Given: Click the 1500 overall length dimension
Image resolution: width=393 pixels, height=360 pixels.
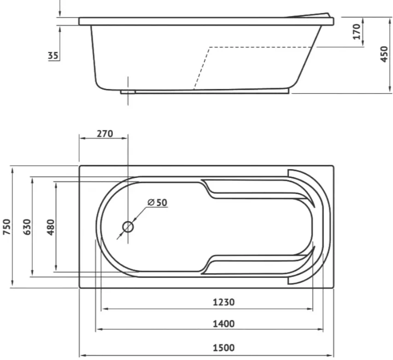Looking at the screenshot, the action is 223,348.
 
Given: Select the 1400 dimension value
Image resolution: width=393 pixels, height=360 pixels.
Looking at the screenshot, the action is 223,324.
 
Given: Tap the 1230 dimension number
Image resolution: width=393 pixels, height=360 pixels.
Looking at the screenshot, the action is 223,302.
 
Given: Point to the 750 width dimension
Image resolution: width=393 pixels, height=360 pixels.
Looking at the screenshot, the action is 7,227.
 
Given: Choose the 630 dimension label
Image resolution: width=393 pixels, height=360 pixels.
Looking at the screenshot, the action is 27,227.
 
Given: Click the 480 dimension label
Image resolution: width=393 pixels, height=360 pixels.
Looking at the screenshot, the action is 51,227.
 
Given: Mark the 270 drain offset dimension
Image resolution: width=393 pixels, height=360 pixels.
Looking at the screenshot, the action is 105,134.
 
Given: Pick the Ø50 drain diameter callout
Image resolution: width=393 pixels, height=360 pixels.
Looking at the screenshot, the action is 158,202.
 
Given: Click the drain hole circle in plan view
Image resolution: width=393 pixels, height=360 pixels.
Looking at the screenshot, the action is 128,227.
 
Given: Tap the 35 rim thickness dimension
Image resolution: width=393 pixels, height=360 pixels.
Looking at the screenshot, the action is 53,55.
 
